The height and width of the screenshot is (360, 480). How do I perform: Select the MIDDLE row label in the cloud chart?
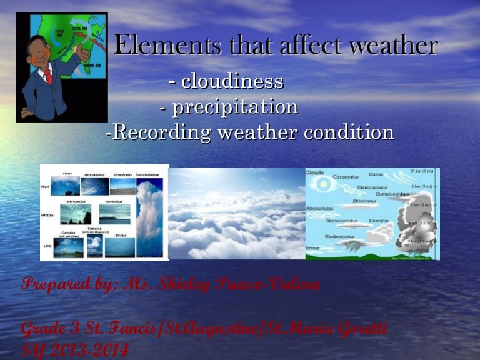tap(47, 214)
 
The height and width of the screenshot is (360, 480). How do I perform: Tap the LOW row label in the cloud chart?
tap(46, 246)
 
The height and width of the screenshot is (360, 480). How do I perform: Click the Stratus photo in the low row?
tap(119, 247)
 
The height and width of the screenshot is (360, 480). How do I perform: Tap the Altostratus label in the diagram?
tap(363, 201)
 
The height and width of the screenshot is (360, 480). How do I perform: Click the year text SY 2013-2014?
tap(75, 351)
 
